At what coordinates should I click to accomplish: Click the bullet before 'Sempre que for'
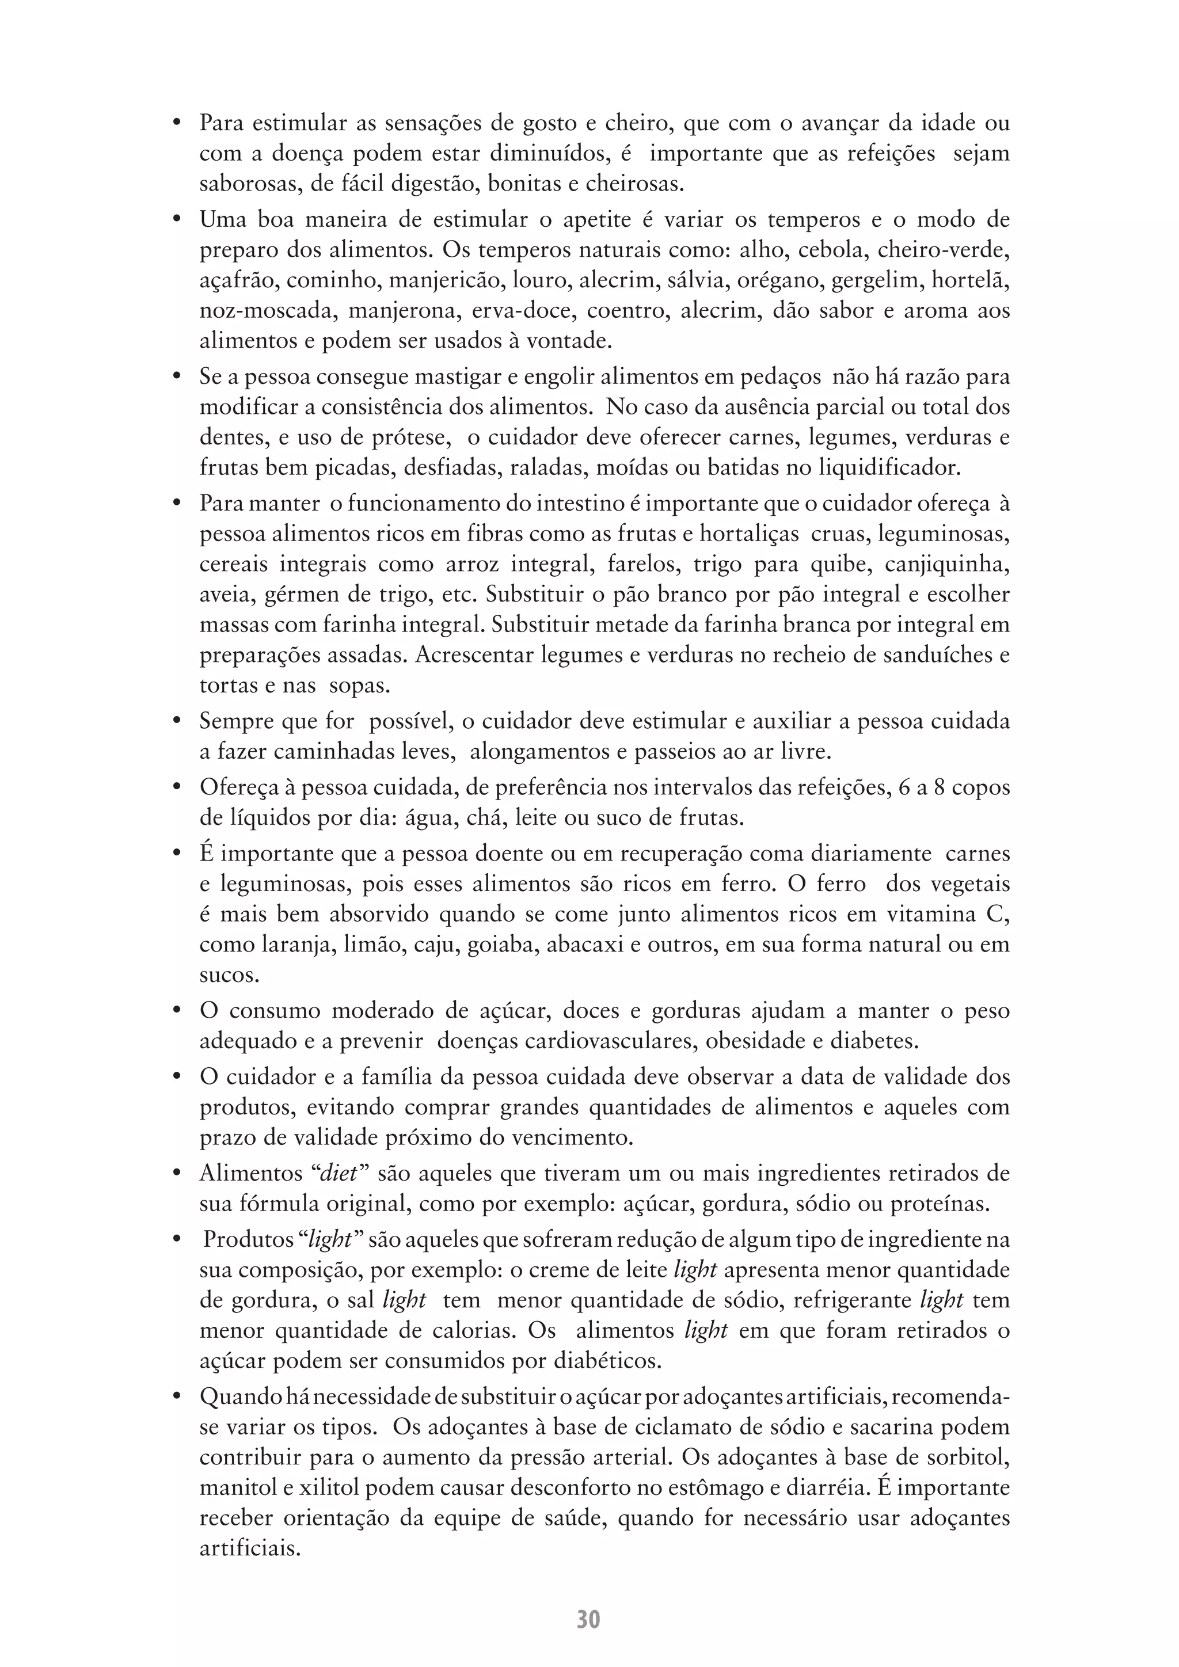coord(176,722)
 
